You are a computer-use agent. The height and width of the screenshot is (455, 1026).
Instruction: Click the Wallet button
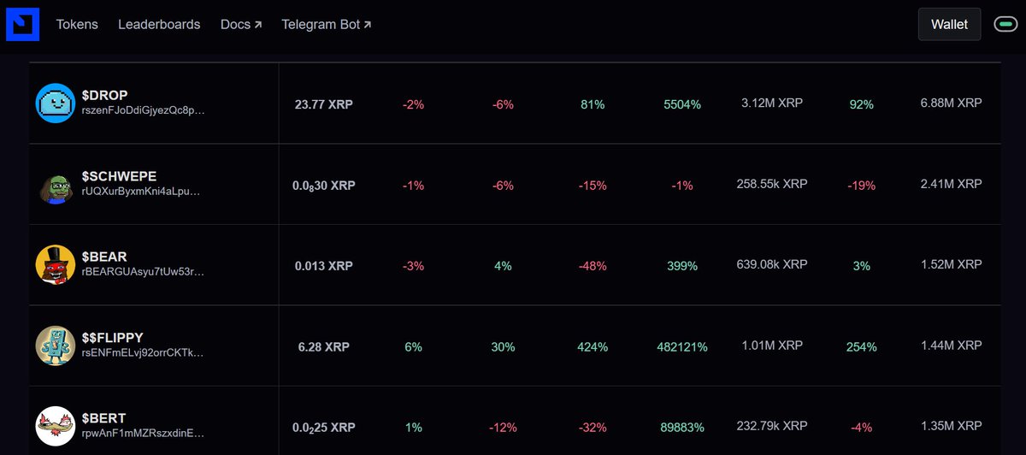[949, 24]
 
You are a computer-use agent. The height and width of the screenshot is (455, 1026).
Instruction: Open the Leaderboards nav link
[159, 24]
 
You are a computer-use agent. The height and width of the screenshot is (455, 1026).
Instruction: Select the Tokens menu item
[77, 24]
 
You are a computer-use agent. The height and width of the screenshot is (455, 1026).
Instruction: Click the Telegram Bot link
[326, 24]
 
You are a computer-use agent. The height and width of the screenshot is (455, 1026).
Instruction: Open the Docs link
[241, 24]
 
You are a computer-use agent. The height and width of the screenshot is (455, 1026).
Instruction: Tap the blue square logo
[22, 24]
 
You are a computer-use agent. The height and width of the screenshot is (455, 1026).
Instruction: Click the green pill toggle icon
[1005, 24]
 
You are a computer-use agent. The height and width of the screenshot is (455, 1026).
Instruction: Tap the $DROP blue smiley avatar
[56, 103]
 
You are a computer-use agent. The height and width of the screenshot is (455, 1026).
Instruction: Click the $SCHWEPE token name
[119, 176]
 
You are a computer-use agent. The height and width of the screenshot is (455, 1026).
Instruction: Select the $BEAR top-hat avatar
[56, 264]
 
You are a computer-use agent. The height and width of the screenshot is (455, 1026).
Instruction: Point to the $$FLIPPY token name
[113, 338]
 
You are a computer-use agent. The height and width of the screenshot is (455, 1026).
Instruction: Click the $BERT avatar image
[56, 426]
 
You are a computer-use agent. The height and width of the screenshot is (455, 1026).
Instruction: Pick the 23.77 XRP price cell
[324, 104]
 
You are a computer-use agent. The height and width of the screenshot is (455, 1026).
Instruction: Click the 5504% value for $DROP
[682, 104]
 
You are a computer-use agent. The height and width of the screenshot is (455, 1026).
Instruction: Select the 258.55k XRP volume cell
[772, 184]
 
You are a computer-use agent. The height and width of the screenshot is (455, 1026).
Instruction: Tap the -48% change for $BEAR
[593, 266]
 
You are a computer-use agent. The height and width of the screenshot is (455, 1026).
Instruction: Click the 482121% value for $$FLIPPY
[682, 347]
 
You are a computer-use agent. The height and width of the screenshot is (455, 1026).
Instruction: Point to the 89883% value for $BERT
[682, 428]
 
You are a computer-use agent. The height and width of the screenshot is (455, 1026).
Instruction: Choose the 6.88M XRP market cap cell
[951, 103]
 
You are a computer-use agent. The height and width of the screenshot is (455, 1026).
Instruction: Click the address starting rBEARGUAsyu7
[143, 272]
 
